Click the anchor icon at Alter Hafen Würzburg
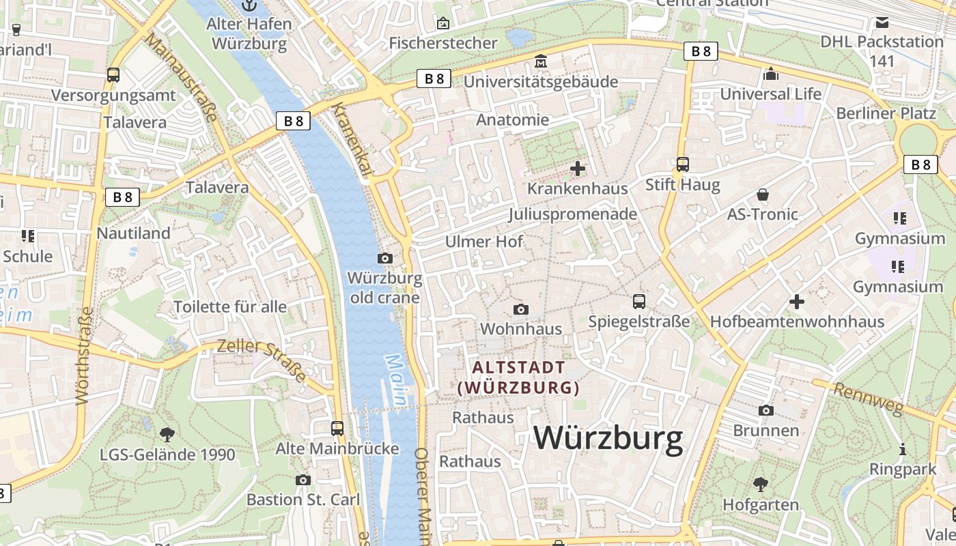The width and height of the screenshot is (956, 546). pos(249,5)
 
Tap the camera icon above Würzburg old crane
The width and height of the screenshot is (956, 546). pos(385,258)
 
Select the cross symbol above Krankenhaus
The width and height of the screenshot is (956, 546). pos(578,168)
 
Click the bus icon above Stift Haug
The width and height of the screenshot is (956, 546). pos(682,164)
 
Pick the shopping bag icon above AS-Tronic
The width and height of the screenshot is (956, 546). pos(763,195)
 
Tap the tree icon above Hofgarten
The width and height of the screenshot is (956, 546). pos(760,485)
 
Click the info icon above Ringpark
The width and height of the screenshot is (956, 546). pos(903,449)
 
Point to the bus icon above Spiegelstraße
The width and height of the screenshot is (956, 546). pos(639,301)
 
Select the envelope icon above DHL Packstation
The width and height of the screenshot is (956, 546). pos(882,22)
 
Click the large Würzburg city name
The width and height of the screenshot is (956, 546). pos(608,438)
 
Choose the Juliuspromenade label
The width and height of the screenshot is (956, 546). pos(572,214)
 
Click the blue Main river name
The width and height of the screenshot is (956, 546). pos(396,379)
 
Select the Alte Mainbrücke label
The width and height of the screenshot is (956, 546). pos(337,448)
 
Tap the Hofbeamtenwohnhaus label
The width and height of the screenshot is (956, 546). pos(797,321)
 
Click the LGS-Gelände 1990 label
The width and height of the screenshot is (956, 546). pos(167,455)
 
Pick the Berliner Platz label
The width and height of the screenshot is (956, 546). pos(886,113)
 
